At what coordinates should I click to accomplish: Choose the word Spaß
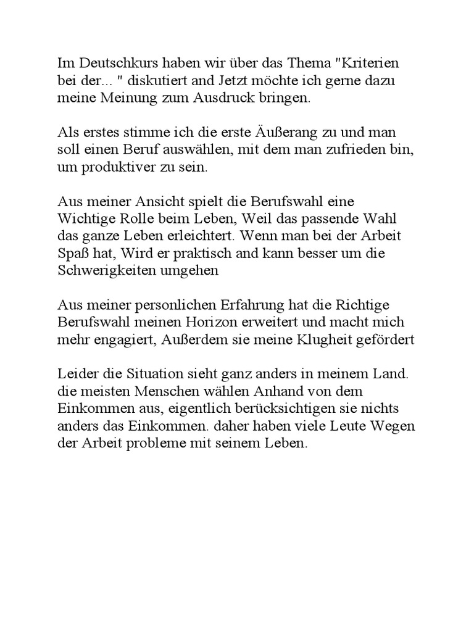tap(72, 253)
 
